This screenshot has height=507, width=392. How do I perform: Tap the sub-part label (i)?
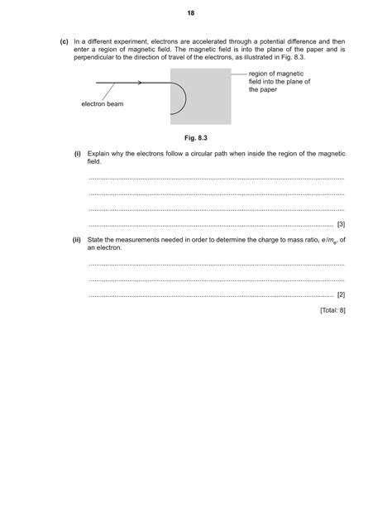pyautogui.click(x=77, y=154)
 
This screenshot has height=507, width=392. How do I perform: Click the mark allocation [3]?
pyautogui.click(x=341, y=224)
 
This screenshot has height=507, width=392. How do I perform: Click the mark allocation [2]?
pyautogui.click(x=341, y=294)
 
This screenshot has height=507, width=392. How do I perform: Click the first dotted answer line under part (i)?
pyautogui.click(x=215, y=179)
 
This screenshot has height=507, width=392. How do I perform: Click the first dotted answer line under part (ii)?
pyautogui.click(x=215, y=265)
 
